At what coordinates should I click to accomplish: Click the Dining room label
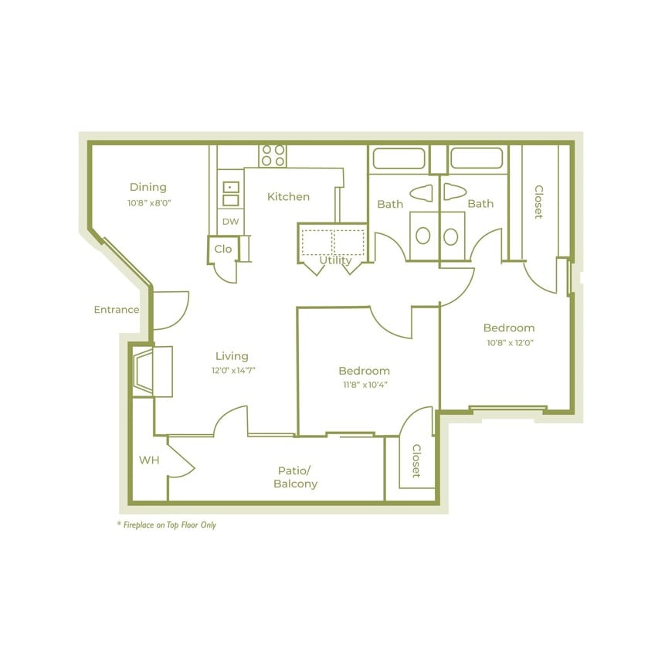148,187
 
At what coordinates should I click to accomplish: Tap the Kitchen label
288,197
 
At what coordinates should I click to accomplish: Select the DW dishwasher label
230,222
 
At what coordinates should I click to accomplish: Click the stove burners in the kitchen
273,155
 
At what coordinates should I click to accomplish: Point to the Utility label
335,260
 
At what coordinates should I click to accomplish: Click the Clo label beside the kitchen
222,249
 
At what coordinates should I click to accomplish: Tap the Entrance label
116,310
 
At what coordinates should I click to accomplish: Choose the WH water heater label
149,460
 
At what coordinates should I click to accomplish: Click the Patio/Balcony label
295,477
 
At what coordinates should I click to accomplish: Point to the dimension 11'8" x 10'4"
364,385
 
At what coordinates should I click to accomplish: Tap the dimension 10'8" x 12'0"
509,342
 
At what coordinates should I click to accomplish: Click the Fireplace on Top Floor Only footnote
166,525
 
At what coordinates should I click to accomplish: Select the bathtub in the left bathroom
399,158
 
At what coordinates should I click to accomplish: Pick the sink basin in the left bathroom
423,236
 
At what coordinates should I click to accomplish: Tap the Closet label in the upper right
538,202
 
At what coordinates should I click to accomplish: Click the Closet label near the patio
416,460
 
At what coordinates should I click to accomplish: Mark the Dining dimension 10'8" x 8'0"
148,203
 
